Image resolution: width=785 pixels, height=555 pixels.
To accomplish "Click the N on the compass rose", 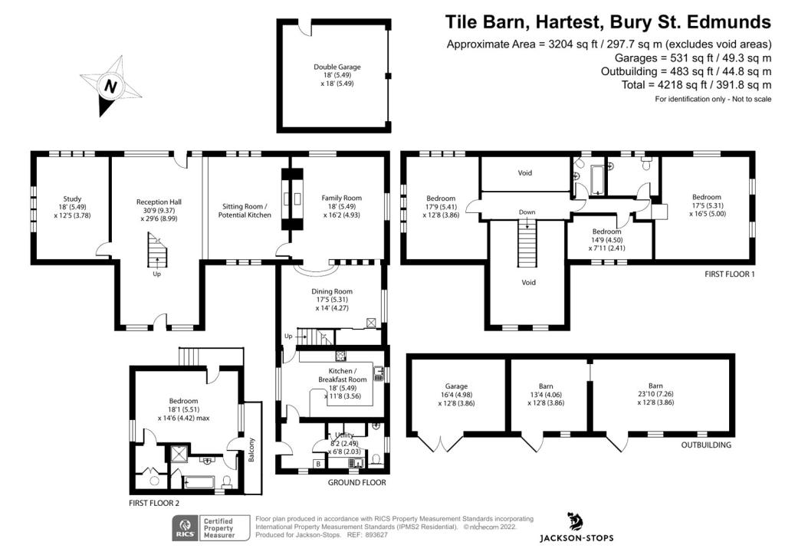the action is tap(110, 86).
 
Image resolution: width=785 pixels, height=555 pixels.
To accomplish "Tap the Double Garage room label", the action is tap(337, 75).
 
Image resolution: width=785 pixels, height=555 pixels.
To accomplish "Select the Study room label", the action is tap(72, 207).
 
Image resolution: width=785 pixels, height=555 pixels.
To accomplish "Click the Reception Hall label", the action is tap(159, 210).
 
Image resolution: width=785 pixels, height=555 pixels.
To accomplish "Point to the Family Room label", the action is tap(341, 206).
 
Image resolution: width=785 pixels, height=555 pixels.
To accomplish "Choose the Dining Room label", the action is tap(332, 299).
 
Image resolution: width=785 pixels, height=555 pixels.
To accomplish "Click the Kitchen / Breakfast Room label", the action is tap(343, 383).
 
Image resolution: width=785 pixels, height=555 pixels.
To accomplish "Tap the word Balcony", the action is tap(251, 449).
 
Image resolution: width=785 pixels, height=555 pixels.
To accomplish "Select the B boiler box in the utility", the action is tap(318, 464).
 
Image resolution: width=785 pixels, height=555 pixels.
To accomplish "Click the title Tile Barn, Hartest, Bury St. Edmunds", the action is tap(608, 22).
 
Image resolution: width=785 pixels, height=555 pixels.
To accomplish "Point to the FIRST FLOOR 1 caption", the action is tap(730, 274).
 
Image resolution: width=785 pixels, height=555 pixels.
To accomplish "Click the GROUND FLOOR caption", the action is tap(357, 482).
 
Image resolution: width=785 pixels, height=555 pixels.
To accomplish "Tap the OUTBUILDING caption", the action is tap(706, 445).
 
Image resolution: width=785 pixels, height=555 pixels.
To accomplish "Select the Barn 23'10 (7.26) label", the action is tap(655, 394).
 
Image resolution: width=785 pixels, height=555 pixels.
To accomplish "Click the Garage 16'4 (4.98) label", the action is tap(456, 394).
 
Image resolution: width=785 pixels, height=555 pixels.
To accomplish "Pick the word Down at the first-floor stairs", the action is tap(527, 212).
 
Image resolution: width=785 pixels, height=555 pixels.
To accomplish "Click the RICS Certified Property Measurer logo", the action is tap(212, 528).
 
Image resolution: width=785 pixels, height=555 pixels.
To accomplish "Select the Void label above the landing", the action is tap(524, 172).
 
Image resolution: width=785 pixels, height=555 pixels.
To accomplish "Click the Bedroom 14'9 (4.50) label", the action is tap(607, 240).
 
